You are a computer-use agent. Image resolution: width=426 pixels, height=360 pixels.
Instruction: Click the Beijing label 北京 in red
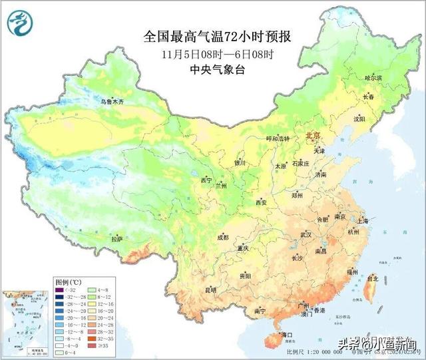pos(313,136)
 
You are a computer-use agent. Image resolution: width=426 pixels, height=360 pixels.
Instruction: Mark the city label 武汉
pos(306,235)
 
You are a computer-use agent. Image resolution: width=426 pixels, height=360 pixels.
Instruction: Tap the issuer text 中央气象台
pos(217,69)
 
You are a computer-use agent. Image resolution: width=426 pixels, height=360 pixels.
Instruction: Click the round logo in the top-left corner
pos(21,24)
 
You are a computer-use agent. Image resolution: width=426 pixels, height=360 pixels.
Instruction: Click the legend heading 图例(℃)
pos(69,282)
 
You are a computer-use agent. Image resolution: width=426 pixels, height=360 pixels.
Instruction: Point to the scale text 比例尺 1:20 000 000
pos(312,351)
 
